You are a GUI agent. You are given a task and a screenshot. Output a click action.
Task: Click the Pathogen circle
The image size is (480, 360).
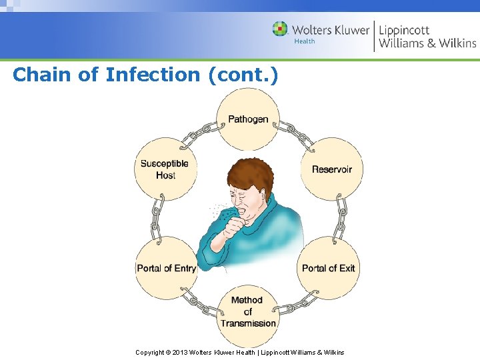pos(248,120)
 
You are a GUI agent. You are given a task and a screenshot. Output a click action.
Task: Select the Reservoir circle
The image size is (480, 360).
pos(331,169)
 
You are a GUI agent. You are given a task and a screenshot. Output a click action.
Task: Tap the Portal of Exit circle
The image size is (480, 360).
pos(328,268)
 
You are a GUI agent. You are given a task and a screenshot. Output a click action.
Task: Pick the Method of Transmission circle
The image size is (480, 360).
pos(248,311)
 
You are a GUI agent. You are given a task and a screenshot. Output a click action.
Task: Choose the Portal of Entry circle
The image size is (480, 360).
pos(166,268)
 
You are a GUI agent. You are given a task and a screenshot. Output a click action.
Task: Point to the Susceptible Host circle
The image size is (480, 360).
pos(165,169)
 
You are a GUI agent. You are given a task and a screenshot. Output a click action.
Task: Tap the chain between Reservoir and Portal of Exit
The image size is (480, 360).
pos(341,219)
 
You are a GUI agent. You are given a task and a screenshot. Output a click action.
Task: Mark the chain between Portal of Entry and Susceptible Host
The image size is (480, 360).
pos(158,219)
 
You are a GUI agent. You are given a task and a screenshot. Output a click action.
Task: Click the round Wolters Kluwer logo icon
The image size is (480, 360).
pos(280,29)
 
